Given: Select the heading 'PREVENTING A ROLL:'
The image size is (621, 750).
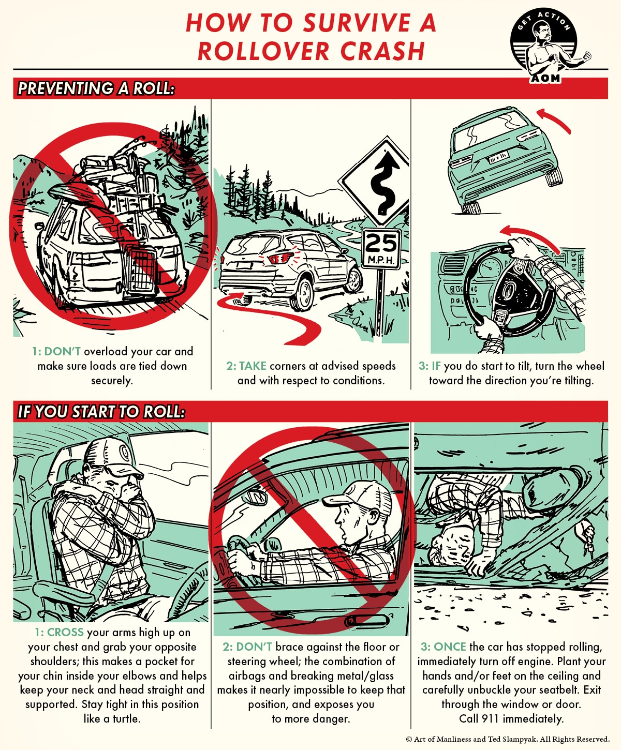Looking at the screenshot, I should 96,88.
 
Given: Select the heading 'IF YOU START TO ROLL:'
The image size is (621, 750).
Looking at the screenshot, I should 101,412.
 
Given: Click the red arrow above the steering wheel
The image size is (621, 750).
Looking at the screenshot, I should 530,235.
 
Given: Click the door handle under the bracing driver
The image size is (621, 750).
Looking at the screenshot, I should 366,620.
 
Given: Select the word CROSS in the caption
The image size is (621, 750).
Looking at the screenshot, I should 65,633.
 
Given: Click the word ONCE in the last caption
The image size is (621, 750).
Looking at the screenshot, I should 450,647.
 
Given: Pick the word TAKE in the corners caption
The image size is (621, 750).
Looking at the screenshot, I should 253,366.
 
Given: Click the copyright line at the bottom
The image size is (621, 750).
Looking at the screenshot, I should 508,739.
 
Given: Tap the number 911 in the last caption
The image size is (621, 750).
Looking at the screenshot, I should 491,719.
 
